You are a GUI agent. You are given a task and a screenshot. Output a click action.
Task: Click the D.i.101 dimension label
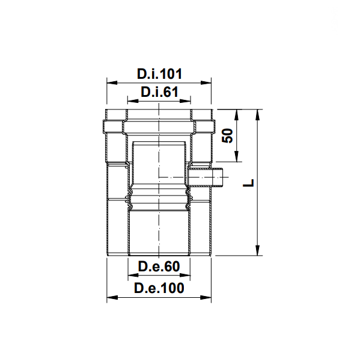(159, 73)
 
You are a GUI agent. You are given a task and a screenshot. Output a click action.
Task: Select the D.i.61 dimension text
(159, 92)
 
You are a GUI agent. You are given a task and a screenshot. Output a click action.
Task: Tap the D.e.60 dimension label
(159, 267)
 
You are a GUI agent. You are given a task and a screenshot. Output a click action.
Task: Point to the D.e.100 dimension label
(159, 288)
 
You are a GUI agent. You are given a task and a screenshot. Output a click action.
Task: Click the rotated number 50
(227, 136)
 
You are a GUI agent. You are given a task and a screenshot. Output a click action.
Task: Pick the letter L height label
(248, 183)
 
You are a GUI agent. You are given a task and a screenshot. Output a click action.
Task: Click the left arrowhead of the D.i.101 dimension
(112, 82)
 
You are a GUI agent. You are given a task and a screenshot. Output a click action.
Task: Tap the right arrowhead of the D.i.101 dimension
(206, 82)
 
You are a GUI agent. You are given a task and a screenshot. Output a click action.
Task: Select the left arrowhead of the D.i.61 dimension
(133, 100)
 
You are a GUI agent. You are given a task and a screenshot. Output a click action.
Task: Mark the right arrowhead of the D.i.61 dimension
(185, 100)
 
